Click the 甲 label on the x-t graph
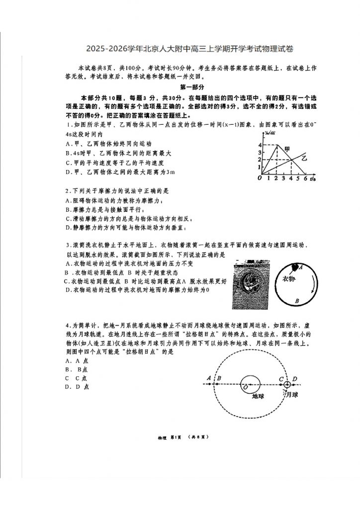click(x=287, y=149)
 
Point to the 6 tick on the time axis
click(x=304, y=178)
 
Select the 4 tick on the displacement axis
click(x=260, y=145)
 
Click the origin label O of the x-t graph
click(x=260, y=178)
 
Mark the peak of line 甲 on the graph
click(x=278, y=145)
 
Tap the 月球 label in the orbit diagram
click(x=293, y=394)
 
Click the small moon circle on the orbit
click(x=287, y=385)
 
